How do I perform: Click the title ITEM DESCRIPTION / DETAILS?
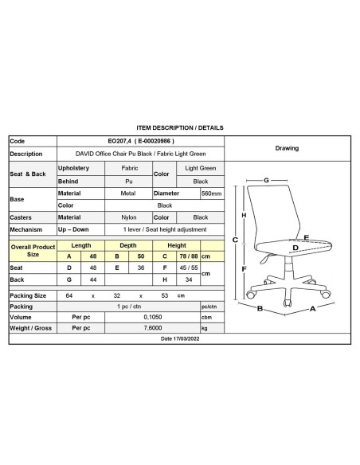pyautogui.click(x=180, y=127)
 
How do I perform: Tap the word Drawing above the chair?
pyautogui.click(x=287, y=148)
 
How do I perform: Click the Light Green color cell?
pyautogui.click(x=201, y=169)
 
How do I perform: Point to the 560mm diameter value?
pyautogui.click(x=211, y=193)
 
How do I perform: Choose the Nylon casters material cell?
pyautogui.click(x=129, y=217)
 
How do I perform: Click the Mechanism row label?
pyautogui.click(x=25, y=229)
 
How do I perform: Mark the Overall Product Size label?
pyautogui.click(x=33, y=251)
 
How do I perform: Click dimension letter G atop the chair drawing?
pyautogui.click(x=266, y=179)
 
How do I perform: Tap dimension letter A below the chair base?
pyautogui.click(x=314, y=308)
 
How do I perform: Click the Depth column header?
pyautogui.click(x=129, y=245)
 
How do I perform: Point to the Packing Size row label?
pyautogui.click(x=28, y=295)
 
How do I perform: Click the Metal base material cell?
pyautogui.click(x=129, y=193)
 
